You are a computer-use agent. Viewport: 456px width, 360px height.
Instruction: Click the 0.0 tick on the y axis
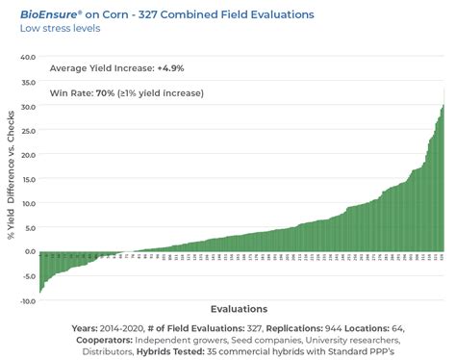28,252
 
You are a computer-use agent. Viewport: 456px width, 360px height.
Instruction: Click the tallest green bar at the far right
443,178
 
